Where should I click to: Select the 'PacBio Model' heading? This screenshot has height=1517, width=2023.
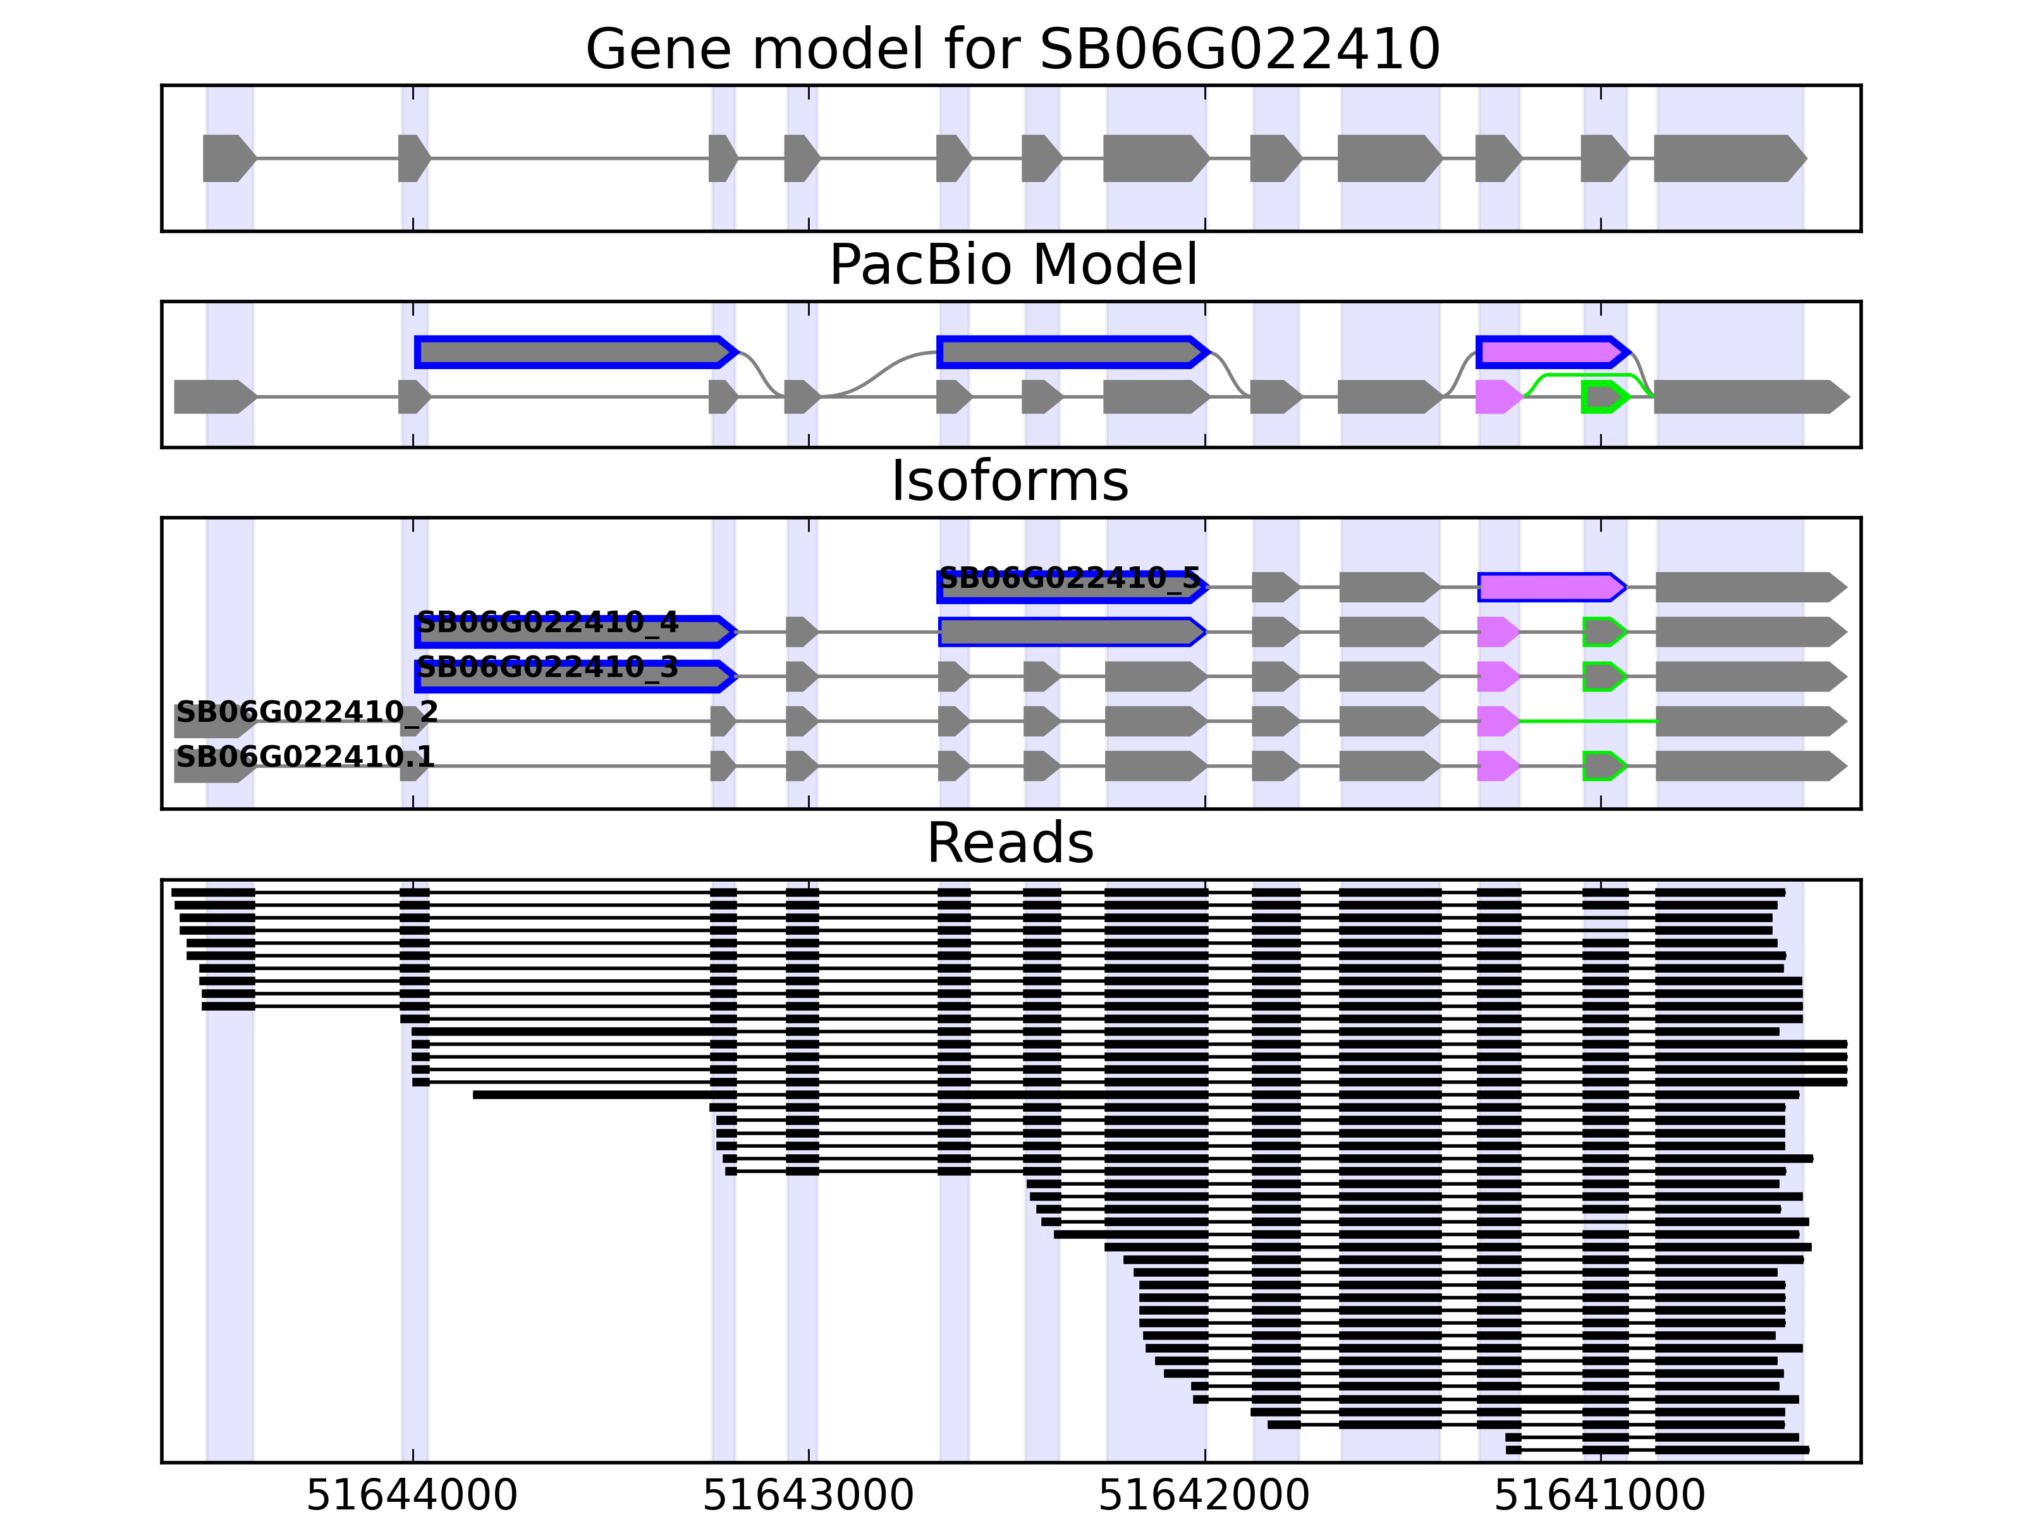pyautogui.click(x=1011, y=265)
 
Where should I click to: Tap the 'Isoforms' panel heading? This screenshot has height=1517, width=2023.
pyautogui.click(x=1010, y=481)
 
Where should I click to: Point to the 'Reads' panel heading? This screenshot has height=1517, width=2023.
pyautogui.click(x=1010, y=843)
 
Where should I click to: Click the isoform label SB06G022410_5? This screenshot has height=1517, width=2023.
pyautogui.click(x=1068, y=578)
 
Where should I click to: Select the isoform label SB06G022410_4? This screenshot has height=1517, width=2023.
pyautogui.click(x=547, y=623)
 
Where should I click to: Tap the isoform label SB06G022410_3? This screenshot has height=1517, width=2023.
pyautogui.click(x=547, y=667)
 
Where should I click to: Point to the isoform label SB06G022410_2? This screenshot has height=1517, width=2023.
pyautogui.click(x=307, y=711)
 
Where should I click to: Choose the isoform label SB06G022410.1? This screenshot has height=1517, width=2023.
pyautogui.click(x=305, y=756)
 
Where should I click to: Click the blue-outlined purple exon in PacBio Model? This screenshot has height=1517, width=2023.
pyautogui.click(x=1551, y=352)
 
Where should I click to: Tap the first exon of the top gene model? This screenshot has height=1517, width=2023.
pyautogui.click(x=228, y=158)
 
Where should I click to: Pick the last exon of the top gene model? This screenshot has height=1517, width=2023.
pyautogui.click(x=1728, y=158)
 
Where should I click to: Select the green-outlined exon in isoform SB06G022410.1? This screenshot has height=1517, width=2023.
pyautogui.click(x=1603, y=766)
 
